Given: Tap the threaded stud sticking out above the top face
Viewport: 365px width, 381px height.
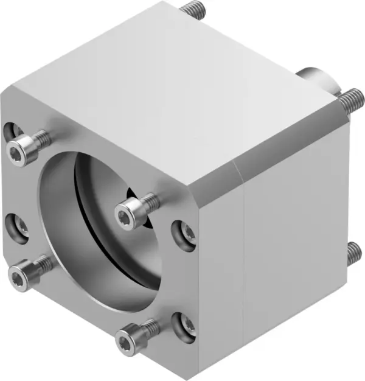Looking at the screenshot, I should click(x=193, y=10).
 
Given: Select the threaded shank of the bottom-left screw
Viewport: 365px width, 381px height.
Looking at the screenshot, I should click(x=41, y=264).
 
